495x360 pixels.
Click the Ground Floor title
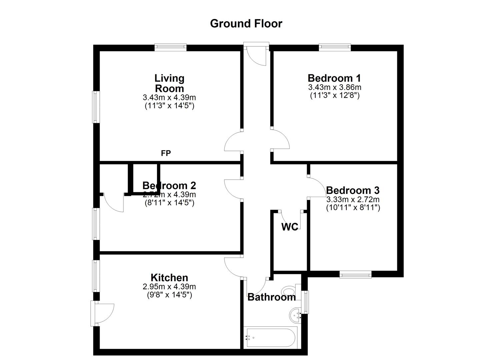(246, 24)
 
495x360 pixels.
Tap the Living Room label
(169, 83)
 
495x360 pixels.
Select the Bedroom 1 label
(334, 78)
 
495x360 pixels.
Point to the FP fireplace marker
(166, 153)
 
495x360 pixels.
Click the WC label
(290, 227)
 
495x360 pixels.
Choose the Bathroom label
(271, 297)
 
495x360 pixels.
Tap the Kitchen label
(169, 278)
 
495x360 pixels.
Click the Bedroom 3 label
(353, 190)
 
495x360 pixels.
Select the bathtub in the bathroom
(270, 337)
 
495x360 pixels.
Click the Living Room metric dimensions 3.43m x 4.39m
(169, 98)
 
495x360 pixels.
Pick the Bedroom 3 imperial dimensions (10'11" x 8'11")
(353, 207)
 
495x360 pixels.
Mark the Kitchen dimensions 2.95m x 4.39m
(169, 287)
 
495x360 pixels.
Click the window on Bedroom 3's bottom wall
(355, 274)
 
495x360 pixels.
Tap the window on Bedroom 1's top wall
(335, 47)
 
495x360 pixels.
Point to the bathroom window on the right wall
(305, 302)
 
